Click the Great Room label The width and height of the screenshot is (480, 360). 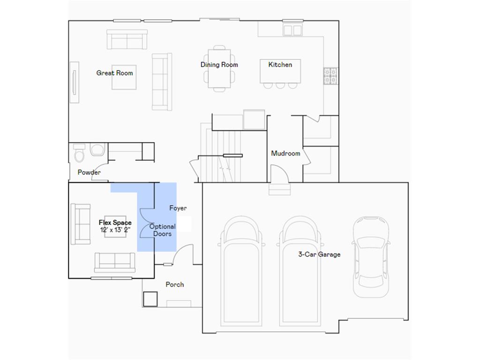point(114,73)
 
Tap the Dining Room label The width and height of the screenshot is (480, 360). point(219,65)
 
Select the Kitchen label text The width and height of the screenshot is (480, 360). point(280,65)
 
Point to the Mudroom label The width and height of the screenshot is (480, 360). point(285,153)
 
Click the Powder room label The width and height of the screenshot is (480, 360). point(89,172)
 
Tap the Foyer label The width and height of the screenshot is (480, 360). point(178,208)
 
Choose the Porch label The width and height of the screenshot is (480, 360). point(174,285)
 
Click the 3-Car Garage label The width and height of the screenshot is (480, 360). point(319,255)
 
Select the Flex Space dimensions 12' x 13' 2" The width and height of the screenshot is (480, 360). point(115,230)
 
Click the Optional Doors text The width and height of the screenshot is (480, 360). point(163,230)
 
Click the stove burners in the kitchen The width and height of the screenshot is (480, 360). point(330,76)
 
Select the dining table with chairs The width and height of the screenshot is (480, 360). point(219,68)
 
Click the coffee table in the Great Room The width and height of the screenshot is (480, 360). point(124,77)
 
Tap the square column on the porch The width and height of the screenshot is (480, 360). point(150,299)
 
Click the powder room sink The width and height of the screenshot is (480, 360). point(97,150)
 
